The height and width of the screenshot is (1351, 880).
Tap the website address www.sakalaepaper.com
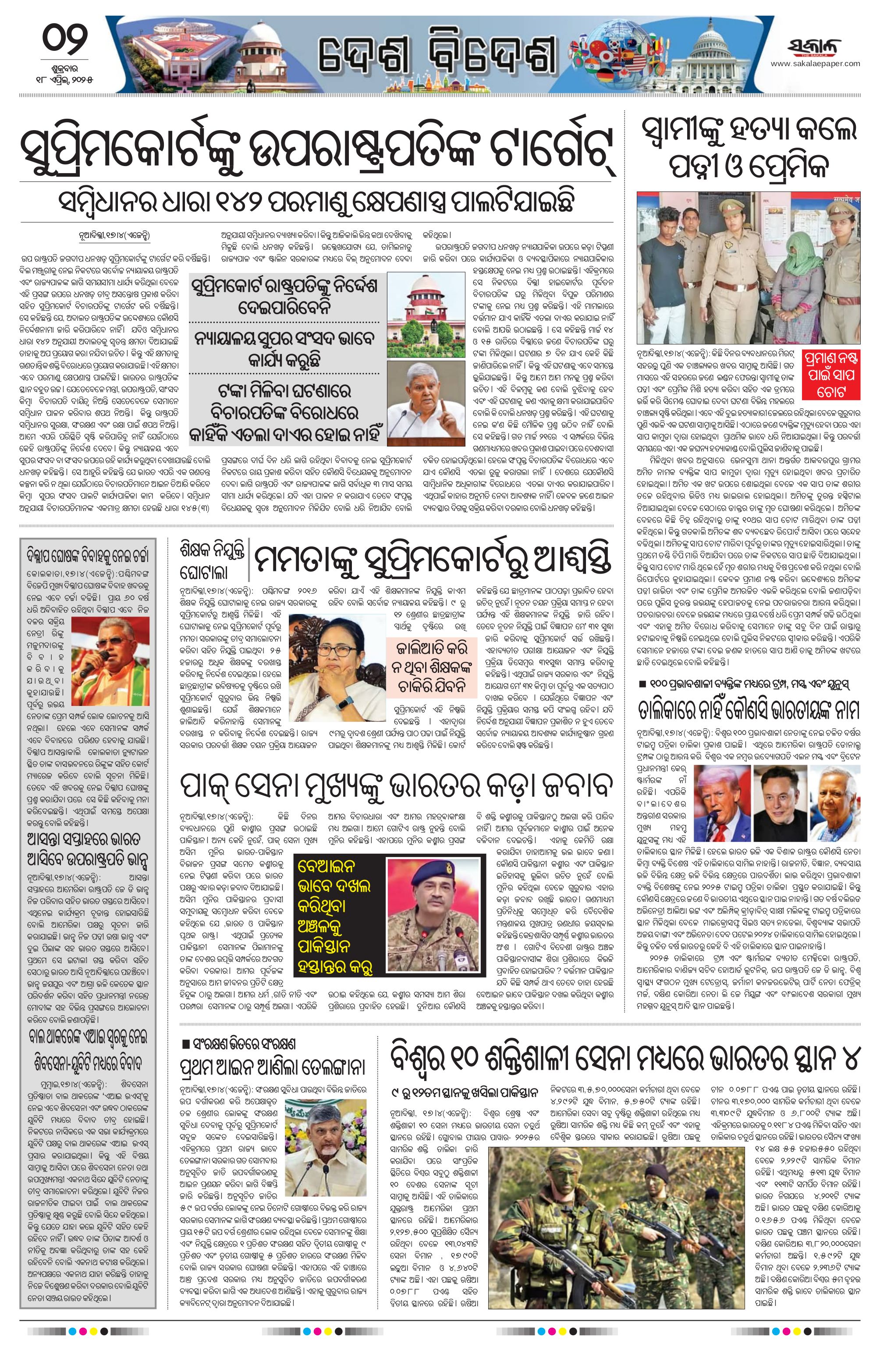click(x=815, y=63)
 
